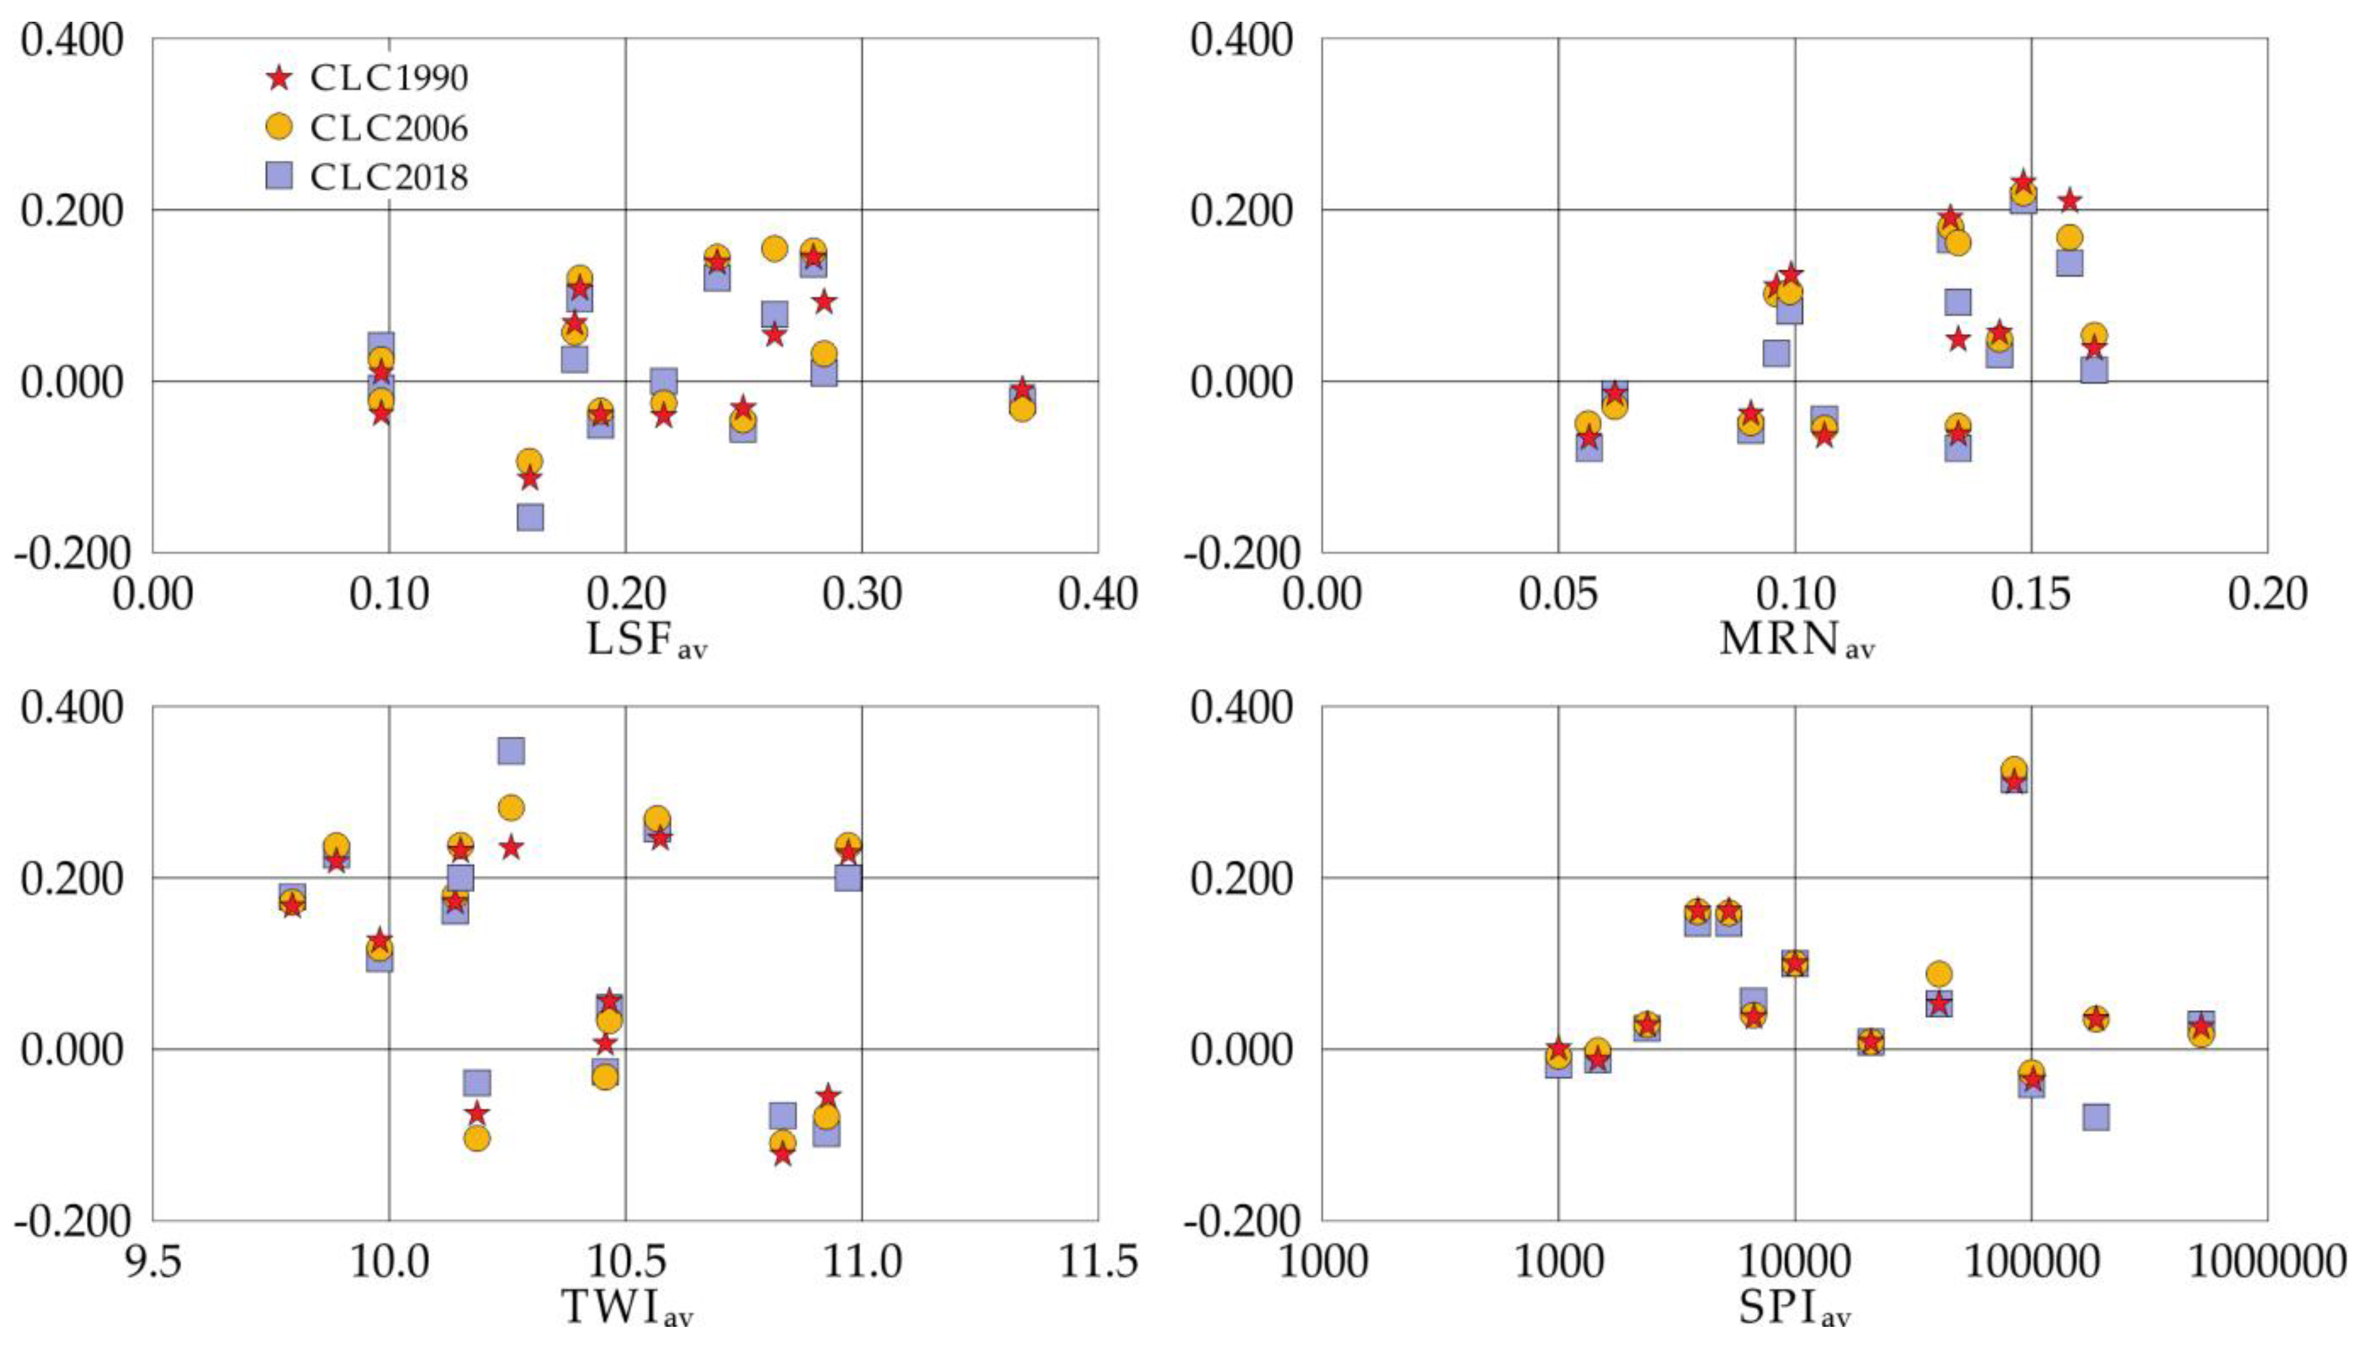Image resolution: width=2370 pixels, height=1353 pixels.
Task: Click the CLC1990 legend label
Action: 388,78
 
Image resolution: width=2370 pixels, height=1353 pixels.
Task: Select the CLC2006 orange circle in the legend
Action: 279,127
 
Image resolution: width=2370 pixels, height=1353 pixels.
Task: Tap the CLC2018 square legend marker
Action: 279,177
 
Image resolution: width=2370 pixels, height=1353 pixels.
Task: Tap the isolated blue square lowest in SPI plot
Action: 2096,1116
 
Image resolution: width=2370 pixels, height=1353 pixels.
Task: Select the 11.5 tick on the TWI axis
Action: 1097,1262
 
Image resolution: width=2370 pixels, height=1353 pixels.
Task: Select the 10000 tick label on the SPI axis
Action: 1794,1262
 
